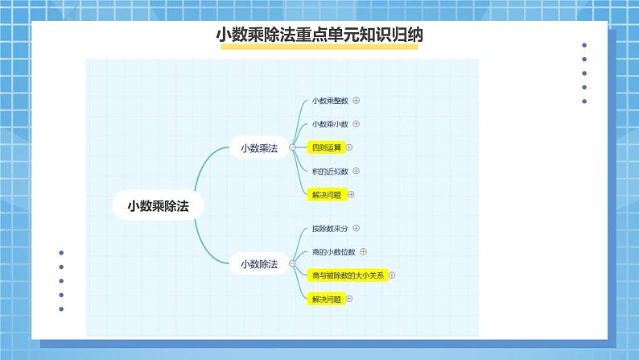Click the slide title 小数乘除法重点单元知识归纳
click(319, 35)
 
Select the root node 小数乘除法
click(157, 205)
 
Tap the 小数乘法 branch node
click(258, 147)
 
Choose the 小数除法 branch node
click(258, 263)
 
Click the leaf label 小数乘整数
click(330, 101)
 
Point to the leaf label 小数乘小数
click(330, 124)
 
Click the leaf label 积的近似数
click(330, 171)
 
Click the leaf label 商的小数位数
click(333, 252)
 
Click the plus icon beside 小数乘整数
click(356, 101)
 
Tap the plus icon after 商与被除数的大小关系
click(393, 275)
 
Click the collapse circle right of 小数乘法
click(292, 147)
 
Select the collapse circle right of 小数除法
click(292, 263)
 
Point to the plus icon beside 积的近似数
click(356, 171)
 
